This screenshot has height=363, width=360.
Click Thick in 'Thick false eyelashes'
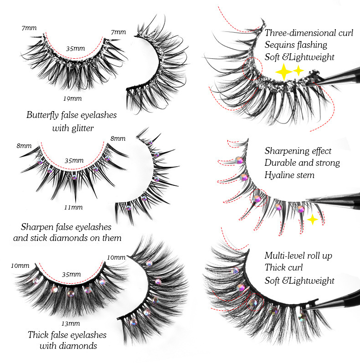pos(38,335)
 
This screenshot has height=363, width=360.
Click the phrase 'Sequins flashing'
pos(296,45)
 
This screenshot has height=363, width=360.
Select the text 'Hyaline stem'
pos(289,175)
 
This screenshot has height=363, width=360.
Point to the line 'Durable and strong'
pos(302,163)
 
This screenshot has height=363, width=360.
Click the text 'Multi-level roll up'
pos(298,256)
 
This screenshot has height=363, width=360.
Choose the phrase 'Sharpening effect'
pos(298,151)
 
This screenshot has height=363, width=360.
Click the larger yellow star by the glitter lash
pos(283,72)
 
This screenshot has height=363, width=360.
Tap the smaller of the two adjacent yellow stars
pos(298,70)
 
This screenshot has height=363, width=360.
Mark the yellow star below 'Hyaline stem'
pos(313,220)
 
